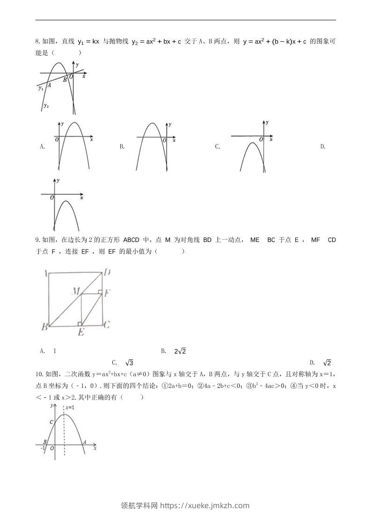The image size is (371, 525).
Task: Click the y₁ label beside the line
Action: [41, 88]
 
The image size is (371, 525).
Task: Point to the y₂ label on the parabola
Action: [46, 106]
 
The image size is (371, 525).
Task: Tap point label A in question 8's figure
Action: [49, 85]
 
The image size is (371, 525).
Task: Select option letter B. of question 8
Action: [122, 147]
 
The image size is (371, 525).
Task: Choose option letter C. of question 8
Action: [218, 147]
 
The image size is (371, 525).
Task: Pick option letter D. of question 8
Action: [323, 147]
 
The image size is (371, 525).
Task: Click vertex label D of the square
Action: [107, 272]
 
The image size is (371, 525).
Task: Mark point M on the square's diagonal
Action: [76, 292]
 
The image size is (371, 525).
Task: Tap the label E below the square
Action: [81, 332]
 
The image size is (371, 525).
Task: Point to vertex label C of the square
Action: [107, 324]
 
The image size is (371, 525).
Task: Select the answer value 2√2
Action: [181, 351]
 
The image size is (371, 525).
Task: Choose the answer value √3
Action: [130, 363]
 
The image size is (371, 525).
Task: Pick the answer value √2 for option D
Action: [327, 363]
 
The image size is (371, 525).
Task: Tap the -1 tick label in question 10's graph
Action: [44, 448]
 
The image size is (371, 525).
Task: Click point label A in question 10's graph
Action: [84, 441]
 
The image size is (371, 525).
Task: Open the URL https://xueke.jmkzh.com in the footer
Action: [205, 505]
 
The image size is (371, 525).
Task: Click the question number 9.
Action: [37, 240]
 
